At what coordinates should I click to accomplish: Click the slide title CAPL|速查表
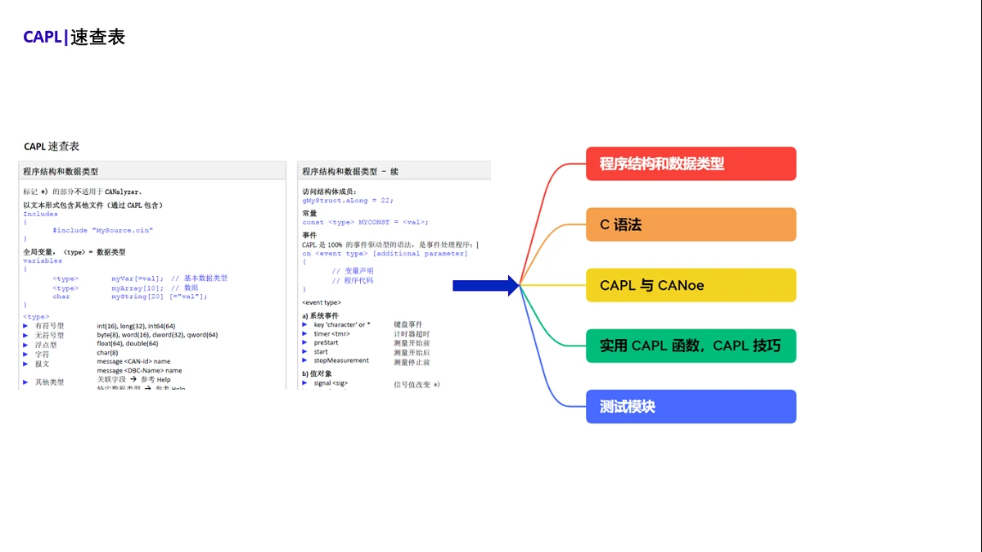74,37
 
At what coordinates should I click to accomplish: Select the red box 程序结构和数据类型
691,164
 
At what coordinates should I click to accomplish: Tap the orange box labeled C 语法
691,224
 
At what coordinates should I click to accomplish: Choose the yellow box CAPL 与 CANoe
691,285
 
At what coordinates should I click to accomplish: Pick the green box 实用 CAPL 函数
691,346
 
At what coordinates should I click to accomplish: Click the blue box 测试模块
691,406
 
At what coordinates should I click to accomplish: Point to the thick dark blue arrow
486,285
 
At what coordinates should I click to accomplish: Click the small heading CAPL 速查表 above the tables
52,146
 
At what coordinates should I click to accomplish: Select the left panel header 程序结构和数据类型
61,171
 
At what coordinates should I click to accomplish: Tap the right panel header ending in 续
350,171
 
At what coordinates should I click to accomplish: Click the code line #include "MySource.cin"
102,230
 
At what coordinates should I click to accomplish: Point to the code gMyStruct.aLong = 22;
348,200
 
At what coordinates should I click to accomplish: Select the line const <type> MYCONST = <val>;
365,222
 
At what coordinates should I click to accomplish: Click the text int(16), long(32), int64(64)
136,326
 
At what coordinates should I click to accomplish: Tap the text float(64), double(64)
128,344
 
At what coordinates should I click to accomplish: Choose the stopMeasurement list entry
341,360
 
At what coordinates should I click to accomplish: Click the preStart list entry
326,343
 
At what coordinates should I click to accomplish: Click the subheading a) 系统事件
320,315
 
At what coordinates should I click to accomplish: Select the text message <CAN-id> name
133,361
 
